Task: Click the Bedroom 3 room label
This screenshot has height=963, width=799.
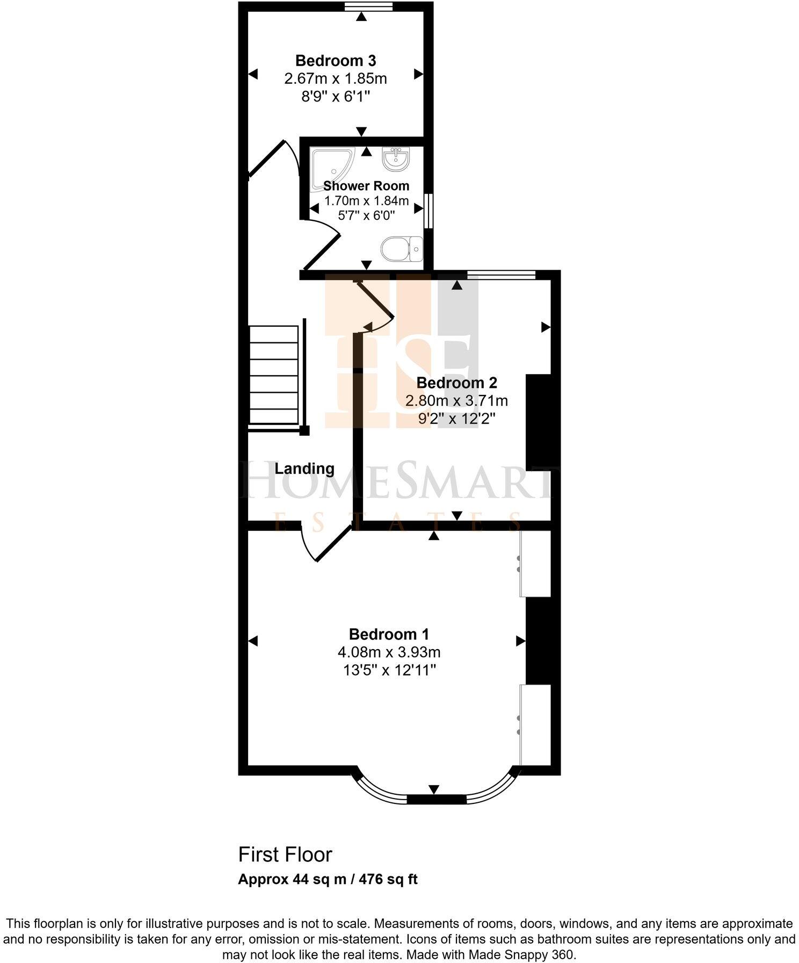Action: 335,60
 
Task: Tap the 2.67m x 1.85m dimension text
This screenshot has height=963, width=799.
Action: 335,78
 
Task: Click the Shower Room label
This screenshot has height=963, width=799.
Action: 366,186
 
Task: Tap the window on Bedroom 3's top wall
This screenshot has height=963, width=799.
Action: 368,6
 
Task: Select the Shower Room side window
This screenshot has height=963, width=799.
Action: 428,210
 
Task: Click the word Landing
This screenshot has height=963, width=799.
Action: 304,469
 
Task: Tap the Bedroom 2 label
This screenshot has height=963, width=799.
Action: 456,383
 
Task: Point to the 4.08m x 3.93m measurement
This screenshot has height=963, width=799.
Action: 389,652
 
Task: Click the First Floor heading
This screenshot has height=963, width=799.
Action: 285,854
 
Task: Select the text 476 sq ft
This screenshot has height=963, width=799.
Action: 388,880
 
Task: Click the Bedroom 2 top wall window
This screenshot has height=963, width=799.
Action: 500,275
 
